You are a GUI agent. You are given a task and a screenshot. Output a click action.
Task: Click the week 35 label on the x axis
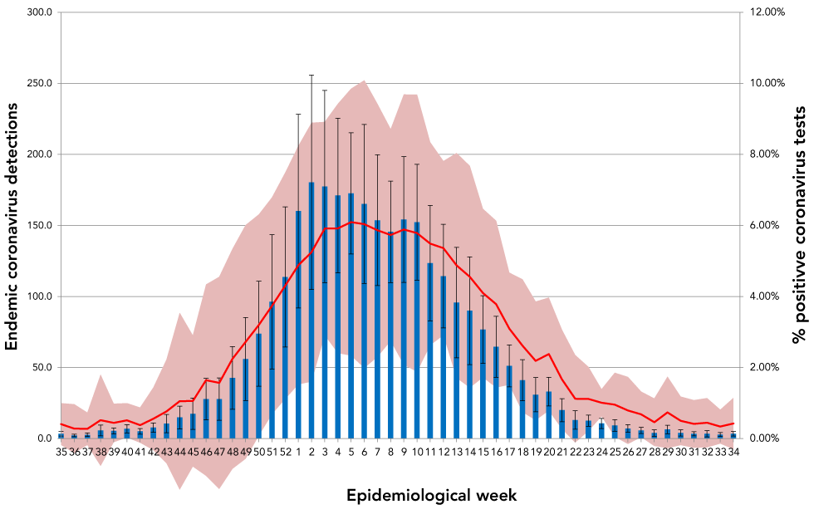61,452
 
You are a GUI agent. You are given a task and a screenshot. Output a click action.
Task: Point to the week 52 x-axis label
285,452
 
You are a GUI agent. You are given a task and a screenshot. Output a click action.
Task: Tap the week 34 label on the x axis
733,452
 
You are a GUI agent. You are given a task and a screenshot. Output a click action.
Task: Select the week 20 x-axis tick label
549,452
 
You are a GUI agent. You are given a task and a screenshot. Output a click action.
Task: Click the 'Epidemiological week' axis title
431,496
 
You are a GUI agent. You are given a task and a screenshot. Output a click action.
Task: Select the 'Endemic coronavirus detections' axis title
12,225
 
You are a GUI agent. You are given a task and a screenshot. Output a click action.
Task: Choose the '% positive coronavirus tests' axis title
799,225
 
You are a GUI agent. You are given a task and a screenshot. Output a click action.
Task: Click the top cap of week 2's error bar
311,75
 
